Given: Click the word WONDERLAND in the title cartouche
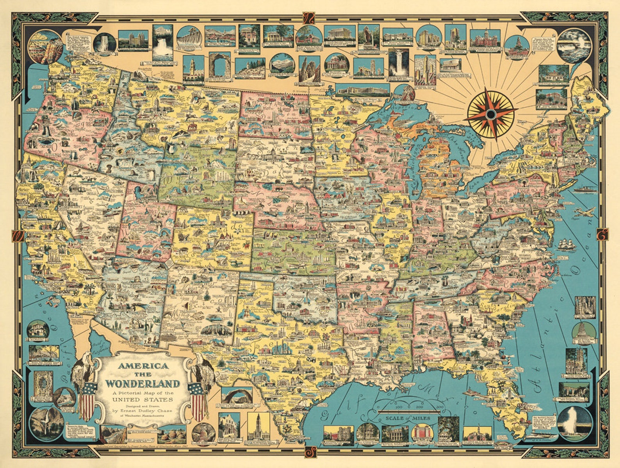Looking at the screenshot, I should [143, 383].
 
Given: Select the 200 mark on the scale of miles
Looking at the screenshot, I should [420, 407].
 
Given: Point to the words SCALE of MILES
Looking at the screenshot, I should [408, 418].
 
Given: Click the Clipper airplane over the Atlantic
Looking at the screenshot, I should [584, 212].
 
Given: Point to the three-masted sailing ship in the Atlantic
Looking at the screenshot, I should [567, 245].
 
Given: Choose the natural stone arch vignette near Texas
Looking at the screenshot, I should [237, 395].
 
